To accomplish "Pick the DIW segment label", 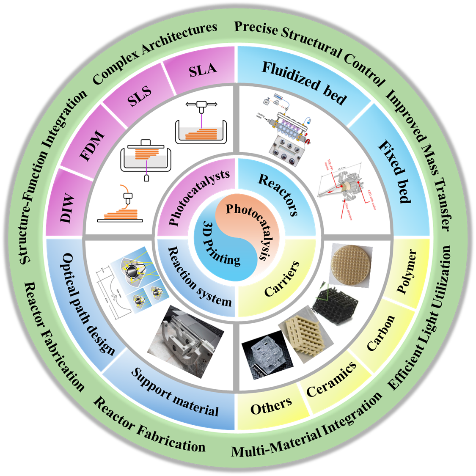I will pyautogui.click(x=67, y=209).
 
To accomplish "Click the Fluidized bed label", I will pyautogui.click(x=304, y=83).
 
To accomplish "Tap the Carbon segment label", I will pyautogui.click(x=381, y=333).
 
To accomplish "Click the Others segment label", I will pyautogui.click(x=271, y=406).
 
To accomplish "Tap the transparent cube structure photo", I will pyautogui.click(x=266, y=355).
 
